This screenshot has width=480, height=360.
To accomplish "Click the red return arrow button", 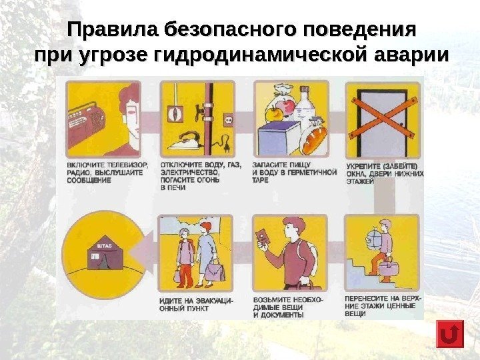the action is click(x=450, y=334).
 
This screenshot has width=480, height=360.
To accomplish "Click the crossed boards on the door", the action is click(x=383, y=119).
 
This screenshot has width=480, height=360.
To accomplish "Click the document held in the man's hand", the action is click(x=262, y=237).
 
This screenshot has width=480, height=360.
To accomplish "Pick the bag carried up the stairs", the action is click(x=389, y=267).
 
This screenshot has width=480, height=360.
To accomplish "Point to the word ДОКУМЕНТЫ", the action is click(x=281, y=315).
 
